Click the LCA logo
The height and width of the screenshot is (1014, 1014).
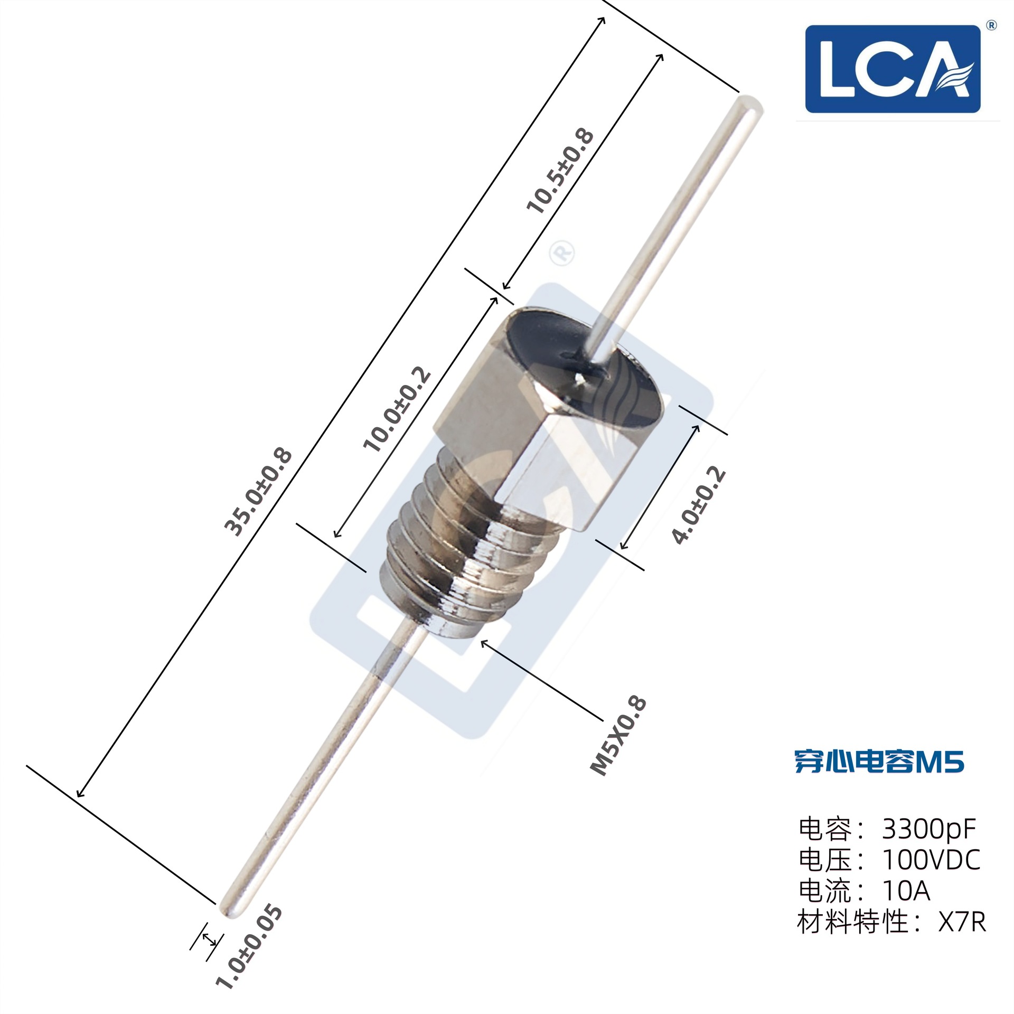point(893,69)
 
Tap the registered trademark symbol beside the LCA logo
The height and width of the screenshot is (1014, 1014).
point(991,25)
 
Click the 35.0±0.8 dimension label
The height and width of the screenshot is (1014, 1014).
point(258,492)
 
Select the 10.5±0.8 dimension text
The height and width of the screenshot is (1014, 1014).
point(560,171)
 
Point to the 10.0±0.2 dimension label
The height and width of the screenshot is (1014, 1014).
point(397,409)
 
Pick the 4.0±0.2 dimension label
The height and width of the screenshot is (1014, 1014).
point(698,505)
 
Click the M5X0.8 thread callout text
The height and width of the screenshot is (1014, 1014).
point(618,737)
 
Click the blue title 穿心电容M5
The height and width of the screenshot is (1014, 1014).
point(879,762)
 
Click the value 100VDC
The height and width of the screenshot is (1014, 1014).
point(931,860)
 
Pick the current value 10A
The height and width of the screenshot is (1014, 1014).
point(906,890)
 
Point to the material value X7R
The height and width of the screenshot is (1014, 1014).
point(962,922)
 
